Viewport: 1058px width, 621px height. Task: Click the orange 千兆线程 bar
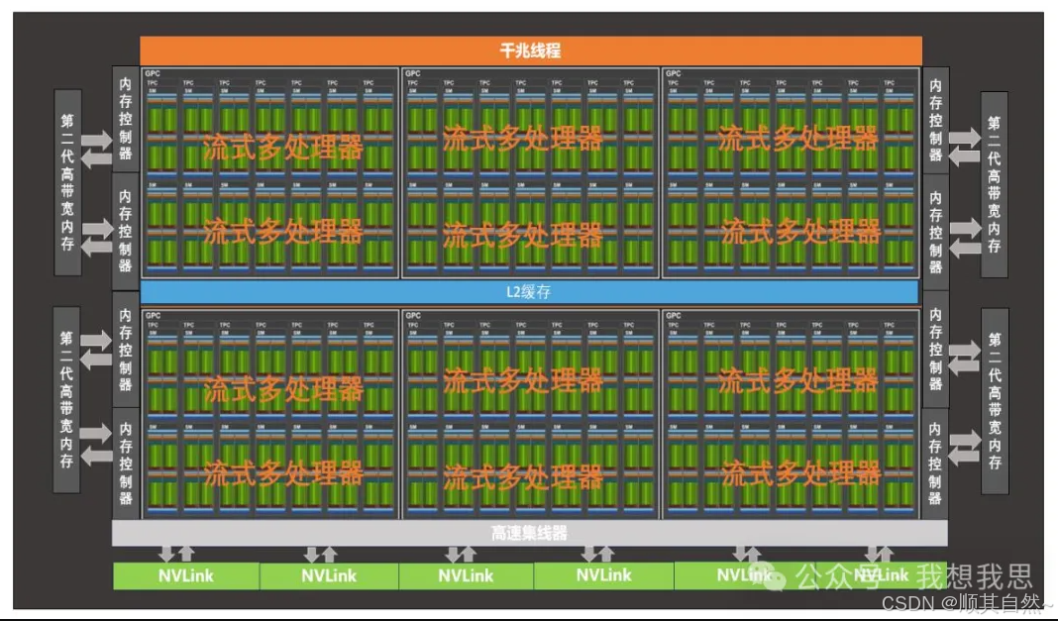click(530, 51)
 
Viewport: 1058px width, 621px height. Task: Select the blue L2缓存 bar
click(530, 292)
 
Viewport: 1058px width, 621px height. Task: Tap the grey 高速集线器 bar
click(530, 533)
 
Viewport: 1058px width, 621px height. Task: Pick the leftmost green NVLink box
click(186, 575)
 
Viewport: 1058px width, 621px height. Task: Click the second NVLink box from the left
click(329, 575)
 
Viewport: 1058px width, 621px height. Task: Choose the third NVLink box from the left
click(466, 575)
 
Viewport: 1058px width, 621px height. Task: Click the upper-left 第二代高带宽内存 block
click(66, 183)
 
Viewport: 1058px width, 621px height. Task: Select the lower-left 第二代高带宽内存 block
click(66, 400)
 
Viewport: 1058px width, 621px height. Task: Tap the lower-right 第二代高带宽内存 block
click(994, 402)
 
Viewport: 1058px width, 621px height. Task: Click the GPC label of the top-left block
click(152, 73)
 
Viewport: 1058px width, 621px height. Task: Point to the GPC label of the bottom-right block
click(674, 316)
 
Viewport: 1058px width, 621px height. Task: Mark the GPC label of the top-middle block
click(412, 73)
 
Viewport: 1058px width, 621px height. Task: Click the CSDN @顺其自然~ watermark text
click(967, 602)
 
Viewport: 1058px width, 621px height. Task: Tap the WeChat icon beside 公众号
click(782, 574)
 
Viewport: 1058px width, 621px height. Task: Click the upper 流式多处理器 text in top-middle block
click(522, 137)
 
